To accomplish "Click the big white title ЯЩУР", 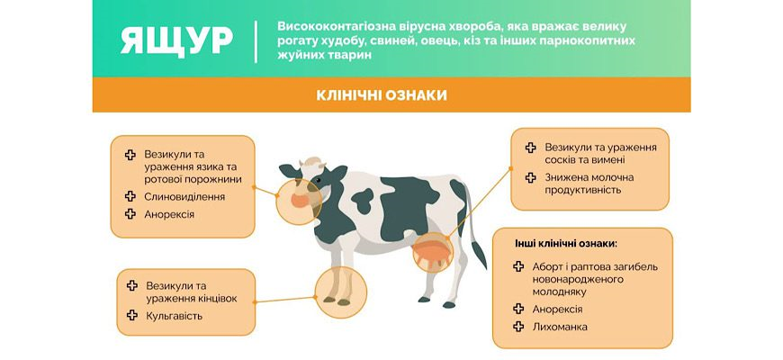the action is pyautogui.click(x=176, y=40).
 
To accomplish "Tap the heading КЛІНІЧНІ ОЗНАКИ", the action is pyautogui.click(x=382, y=95).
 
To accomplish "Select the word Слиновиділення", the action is pyautogui.click(x=184, y=197).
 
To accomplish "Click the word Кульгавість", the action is pyautogui.click(x=175, y=316).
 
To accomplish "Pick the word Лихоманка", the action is pyautogui.click(x=560, y=327).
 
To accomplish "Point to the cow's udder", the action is pyautogui.click(x=432, y=253).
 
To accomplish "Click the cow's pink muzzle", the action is pyautogui.click(x=300, y=201).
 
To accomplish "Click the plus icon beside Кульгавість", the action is pyautogui.click(x=132, y=315).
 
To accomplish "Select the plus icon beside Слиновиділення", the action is pyautogui.click(x=130, y=196).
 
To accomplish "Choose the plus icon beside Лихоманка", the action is pyautogui.click(x=518, y=327).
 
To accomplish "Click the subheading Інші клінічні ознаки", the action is pyautogui.click(x=566, y=244).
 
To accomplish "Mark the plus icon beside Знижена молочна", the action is pyautogui.click(x=530, y=177).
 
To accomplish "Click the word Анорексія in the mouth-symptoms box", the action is pyautogui.click(x=169, y=214).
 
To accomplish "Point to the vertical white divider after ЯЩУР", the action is pyautogui.click(x=256, y=41).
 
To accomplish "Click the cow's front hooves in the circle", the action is pyautogui.click(x=337, y=301).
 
